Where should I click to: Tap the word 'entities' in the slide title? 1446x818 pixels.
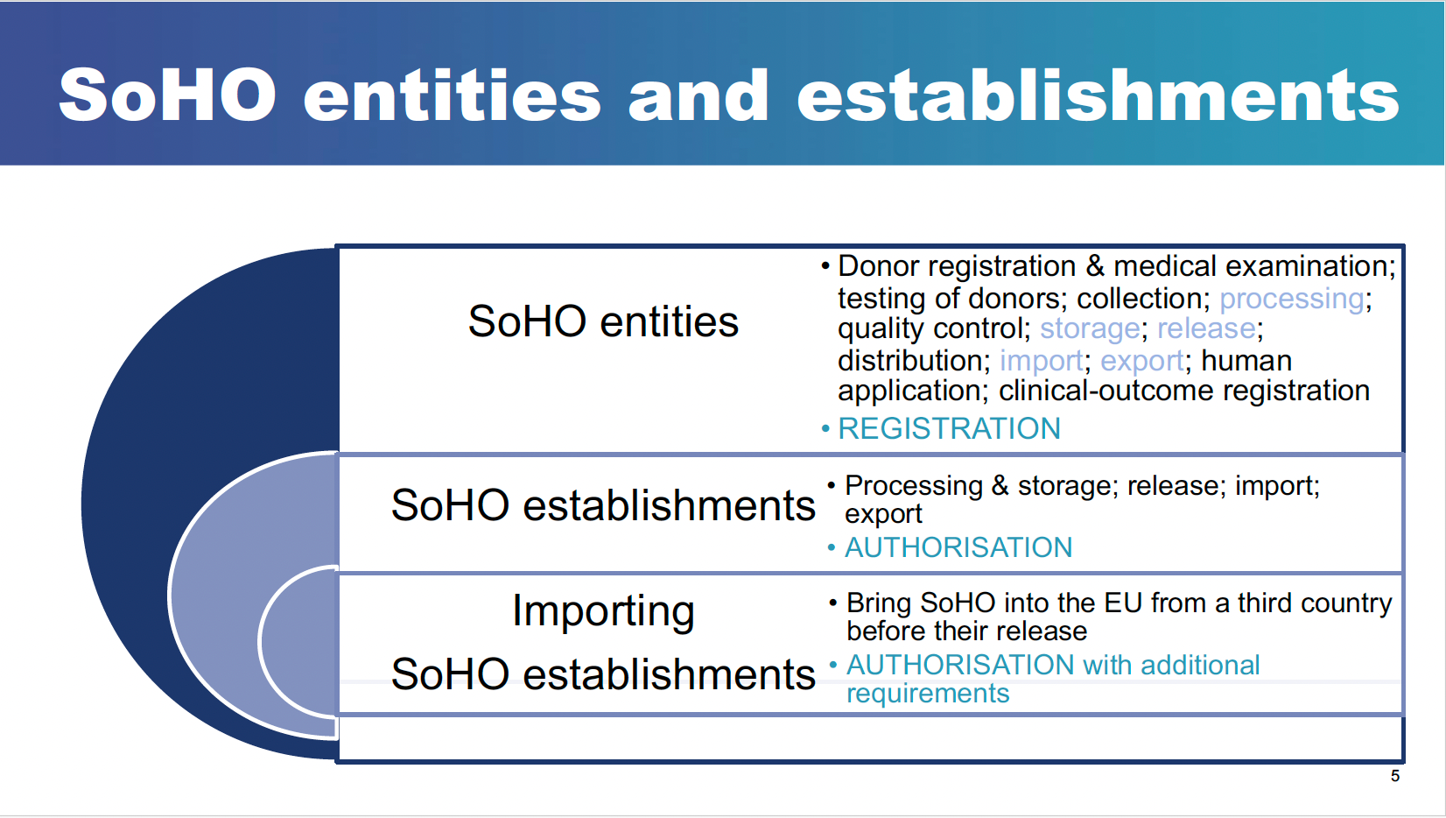452,95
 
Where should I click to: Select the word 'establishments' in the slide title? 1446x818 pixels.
1098,95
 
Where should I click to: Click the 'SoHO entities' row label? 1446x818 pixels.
603,321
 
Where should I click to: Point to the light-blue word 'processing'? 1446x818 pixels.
1292,299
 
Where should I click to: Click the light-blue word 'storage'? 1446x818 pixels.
1090,328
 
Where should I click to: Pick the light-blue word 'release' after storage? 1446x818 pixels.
1206,328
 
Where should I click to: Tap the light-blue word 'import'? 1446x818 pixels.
1042,361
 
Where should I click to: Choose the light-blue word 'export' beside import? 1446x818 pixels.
1142,361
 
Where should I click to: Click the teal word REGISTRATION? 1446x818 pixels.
949,428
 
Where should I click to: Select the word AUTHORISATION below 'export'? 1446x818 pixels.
958,547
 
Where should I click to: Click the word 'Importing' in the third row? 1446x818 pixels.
603,610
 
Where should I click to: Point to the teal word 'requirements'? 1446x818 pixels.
928,694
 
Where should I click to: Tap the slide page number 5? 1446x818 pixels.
1395,776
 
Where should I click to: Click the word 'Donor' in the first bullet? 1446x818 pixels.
879,266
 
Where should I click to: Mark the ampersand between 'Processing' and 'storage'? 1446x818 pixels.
1000,486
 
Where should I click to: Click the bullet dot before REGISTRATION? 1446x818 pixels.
825,428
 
